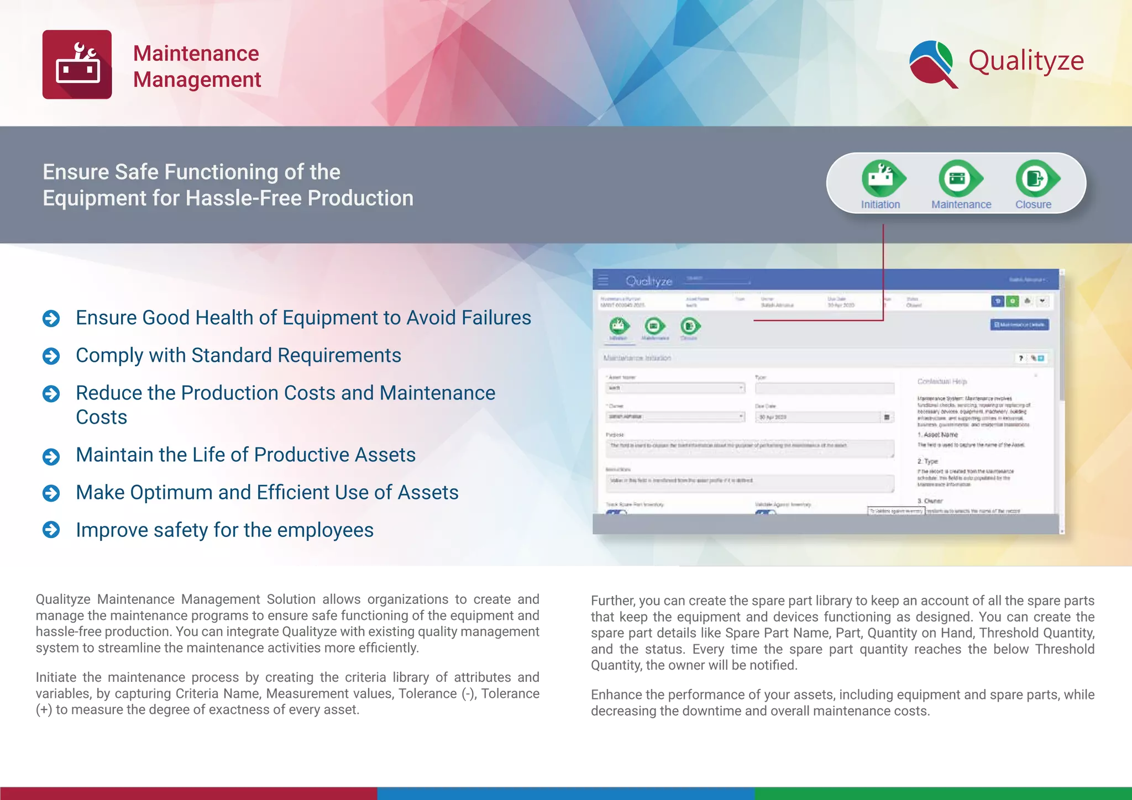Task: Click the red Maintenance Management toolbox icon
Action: point(77,65)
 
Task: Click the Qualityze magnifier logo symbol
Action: point(933,64)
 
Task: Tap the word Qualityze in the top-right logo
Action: point(1026,61)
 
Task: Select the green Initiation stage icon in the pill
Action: point(882,178)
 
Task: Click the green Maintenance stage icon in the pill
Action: point(960,178)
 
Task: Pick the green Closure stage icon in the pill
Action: point(1036,178)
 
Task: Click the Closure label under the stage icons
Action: point(1033,204)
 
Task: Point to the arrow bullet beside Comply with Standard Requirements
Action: point(51,356)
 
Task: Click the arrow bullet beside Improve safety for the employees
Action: point(51,530)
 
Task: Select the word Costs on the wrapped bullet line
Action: point(102,417)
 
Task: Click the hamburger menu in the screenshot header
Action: point(603,280)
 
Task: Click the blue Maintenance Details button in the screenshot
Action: point(1019,325)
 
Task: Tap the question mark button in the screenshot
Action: point(1021,358)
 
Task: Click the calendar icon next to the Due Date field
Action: point(887,417)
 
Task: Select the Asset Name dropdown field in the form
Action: point(675,388)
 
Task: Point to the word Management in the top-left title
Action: point(197,80)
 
